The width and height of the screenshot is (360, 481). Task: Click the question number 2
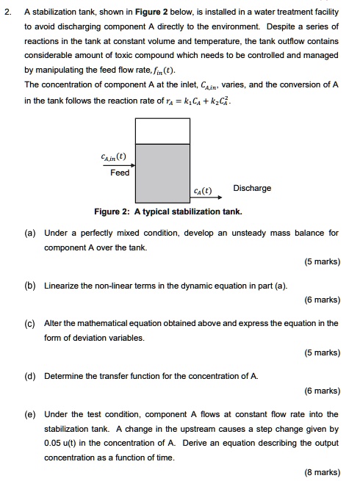[6, 12]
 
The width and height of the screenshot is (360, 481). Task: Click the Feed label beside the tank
[120, 173]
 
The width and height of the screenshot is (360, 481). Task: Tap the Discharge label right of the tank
[252, 188]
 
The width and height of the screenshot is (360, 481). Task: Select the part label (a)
[30, 234]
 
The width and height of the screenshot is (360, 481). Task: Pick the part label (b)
[30, 285]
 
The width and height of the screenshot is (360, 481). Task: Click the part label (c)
[30, 323]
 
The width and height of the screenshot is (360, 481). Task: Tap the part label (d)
[30, 375]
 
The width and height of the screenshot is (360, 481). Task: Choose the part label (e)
[30, 414]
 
